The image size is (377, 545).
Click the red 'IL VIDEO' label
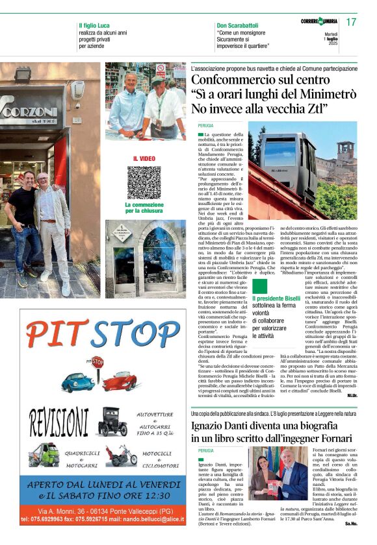(144, 158)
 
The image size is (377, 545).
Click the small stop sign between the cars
(97, 361)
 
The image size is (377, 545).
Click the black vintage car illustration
(112, 422)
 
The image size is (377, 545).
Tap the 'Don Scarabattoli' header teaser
(237, 25)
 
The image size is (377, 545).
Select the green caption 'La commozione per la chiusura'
(144, 207)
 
